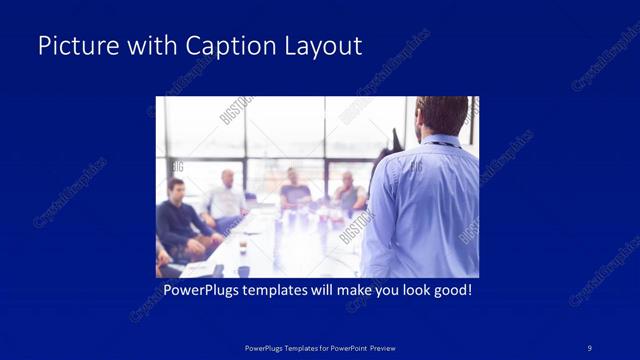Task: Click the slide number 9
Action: pyautogui.click(x=589, y=347)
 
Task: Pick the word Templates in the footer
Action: pyautogui.click(x=295, y=347)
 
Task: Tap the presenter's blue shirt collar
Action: pyautogui.click(x=440, y=140)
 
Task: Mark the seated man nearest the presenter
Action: pyautogui.click(x=348, y=192)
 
